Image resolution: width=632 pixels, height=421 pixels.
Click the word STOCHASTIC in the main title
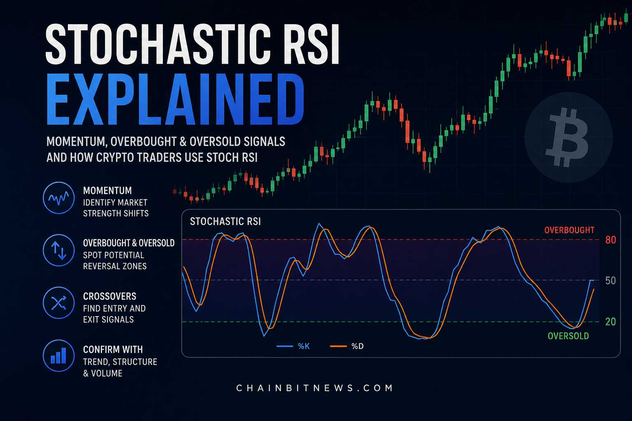point(158,44)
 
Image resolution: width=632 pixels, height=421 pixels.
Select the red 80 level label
point(611,240)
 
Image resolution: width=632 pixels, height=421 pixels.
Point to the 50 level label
point(611,280)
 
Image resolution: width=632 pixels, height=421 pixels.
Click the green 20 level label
point(611,322)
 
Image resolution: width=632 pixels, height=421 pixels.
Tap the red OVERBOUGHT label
point(569,230)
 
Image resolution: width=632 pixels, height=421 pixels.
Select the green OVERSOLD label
point(568,336)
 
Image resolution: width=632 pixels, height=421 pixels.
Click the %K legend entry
point(293,346)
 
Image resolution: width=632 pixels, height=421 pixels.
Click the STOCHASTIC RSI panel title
point(225,221)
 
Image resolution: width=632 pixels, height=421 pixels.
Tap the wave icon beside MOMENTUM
point(59,198)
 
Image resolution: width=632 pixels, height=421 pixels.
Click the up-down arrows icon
point(59,250)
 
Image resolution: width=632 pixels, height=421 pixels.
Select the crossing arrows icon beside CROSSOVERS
point(59,303)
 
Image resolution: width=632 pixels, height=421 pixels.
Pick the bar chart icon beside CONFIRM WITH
point(59,356)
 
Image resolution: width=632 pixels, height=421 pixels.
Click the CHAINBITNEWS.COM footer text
point(314,388)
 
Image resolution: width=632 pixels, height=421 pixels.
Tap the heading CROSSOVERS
point(109,296)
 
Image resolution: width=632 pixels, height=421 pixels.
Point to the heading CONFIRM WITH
point(113,349)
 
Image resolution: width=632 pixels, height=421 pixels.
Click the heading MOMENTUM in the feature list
point(107,191)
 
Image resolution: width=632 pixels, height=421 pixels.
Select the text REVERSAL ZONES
point(115,266)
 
